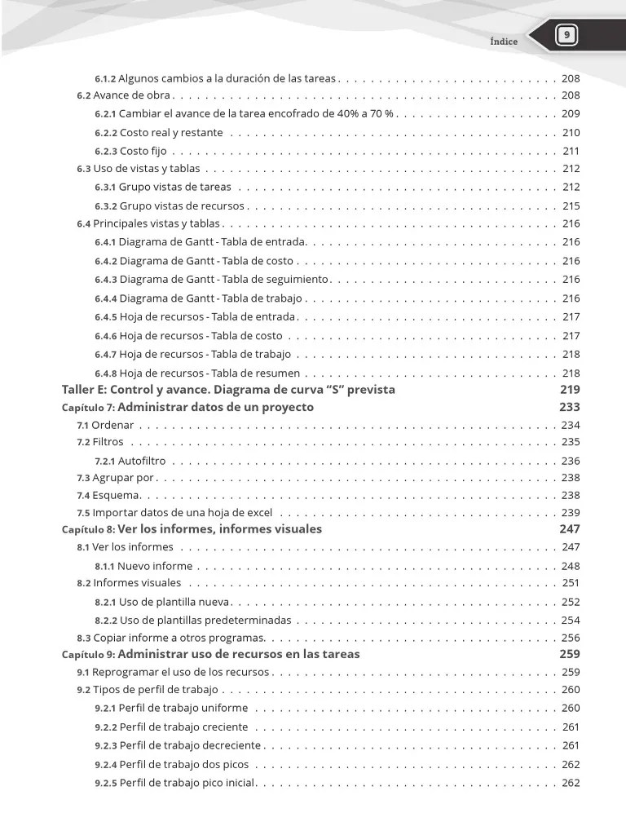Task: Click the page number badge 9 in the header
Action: point(566,35)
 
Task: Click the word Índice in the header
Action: point(504,42)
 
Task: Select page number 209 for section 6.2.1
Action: point(571,113)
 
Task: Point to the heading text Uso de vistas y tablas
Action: point(146,169)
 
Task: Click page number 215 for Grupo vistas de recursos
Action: point(571,206)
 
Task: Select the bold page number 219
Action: point(570,390)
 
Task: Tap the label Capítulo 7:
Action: point(90,408)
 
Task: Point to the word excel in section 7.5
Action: point(258,513)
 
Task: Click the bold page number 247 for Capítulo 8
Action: point(570,529)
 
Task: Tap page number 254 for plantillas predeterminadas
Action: point(571,621)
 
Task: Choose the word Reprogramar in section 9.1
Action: point(121,673)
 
